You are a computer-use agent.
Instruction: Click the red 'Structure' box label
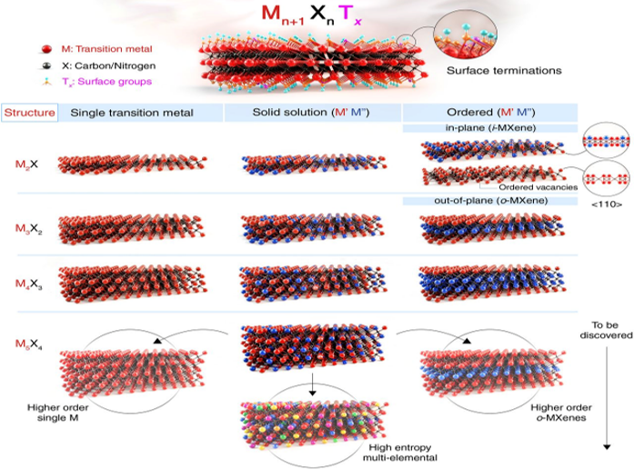click(x=29, y=113)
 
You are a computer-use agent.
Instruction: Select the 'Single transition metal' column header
click(x=132, y=113)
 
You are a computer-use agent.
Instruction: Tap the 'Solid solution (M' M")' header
click(x=311, y=113)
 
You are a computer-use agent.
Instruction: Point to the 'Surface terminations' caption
click(x=504, y=70)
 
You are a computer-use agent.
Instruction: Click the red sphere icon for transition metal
click(x=46, y=49)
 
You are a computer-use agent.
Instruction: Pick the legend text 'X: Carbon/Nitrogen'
click(x=108, y=65)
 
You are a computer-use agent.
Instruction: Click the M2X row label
click(x=26, y=164)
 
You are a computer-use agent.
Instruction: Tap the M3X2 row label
click(x=29, y=229)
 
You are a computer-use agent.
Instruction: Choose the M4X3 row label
click(x=29, y=284)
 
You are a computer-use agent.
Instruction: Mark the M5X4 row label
click(x=29, y=344)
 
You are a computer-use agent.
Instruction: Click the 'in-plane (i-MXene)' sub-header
click(x=490, y=128)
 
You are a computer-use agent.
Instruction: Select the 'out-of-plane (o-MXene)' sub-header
click(x=491, y=200)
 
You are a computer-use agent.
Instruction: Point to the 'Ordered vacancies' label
click(x=538, y=187)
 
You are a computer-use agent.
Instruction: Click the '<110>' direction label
click(x=607, y=204)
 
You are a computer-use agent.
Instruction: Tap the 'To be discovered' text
click(x=606, y=330)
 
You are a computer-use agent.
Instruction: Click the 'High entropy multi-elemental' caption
click(x=400, y=453)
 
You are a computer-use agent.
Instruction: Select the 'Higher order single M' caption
click(x=58, y=413)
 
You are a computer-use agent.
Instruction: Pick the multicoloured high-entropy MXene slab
click(x=314, y=424)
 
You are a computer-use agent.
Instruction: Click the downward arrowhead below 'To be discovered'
click(x=607, y=447)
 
